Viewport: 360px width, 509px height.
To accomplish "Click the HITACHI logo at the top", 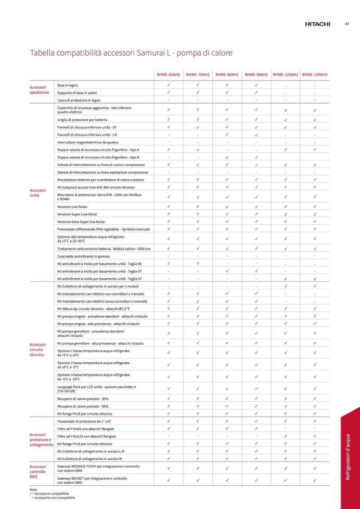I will pyautogui.click(x=317, y=24).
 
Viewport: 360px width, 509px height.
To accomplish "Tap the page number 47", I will pyautogui.click(x=347, y=24).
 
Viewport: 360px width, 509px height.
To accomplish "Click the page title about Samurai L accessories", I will pyautogui.click(x=131, y=53).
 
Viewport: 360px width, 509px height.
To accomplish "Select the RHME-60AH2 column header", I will pyautogui.click(x=168, y=74).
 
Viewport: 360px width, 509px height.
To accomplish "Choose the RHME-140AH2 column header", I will pyautogui.click(x=314, y=74).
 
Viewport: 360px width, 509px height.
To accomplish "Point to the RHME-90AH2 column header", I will pyautogui.click(x=256, y=74).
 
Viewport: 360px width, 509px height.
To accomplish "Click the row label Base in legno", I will pyautogui.click(x=67, y=85).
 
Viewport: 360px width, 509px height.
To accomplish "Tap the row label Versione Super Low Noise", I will pyautogui.click(x=77, y=214).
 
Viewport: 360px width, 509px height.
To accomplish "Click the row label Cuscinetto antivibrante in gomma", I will pyautogui.click(x=83, y=256).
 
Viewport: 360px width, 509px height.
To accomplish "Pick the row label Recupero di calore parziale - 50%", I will pyautogui.click(x=83, y=406).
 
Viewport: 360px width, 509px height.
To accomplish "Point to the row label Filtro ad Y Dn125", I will pyautogui.click(x=86, y=436).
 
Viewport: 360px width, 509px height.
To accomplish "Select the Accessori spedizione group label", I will pyautogui.click(x=39, y=90).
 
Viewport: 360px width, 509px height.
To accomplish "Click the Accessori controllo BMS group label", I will pyautogui.click(x=38, y=471).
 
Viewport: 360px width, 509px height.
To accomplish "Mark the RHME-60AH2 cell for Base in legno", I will pyautogui.click(x=168, y=85).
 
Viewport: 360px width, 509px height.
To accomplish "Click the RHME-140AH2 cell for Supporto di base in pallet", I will pyautogui.click(x=314, y=93).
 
